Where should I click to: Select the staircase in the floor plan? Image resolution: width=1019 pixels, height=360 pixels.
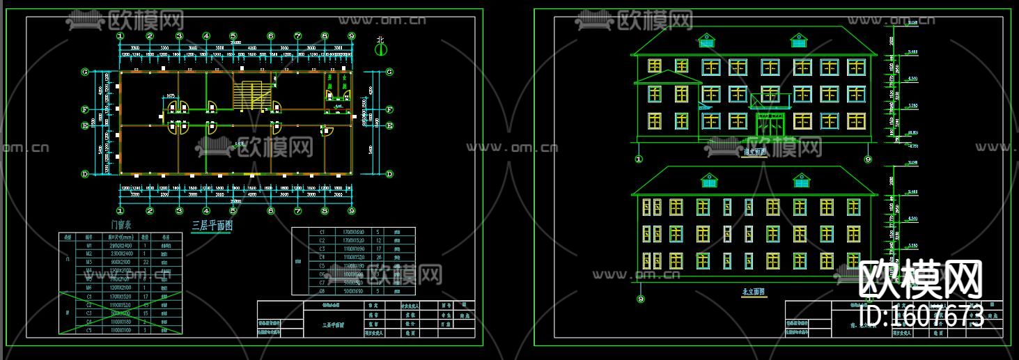[x=250, y=94]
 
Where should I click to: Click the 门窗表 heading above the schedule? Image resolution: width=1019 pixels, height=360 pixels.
[x=121, y=225]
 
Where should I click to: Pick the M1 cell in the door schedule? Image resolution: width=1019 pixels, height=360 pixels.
[x=88, y=246]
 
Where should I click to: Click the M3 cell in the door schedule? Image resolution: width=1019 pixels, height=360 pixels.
[x=88, y=263]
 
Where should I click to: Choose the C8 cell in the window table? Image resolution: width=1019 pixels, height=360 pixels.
[x=322, y=290]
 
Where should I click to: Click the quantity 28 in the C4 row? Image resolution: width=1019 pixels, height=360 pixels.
[x=378, y=257]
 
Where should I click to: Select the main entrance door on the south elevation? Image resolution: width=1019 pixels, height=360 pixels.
[x=770, y=126]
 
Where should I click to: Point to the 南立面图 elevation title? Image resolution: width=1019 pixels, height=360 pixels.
[x=755, y=152]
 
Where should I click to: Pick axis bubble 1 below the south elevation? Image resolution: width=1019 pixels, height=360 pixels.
[x=639, y=159]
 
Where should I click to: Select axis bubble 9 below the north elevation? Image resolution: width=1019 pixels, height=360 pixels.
[x=641, y=299]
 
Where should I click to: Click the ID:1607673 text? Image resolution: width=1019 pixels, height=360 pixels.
[x=923, y=315]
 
